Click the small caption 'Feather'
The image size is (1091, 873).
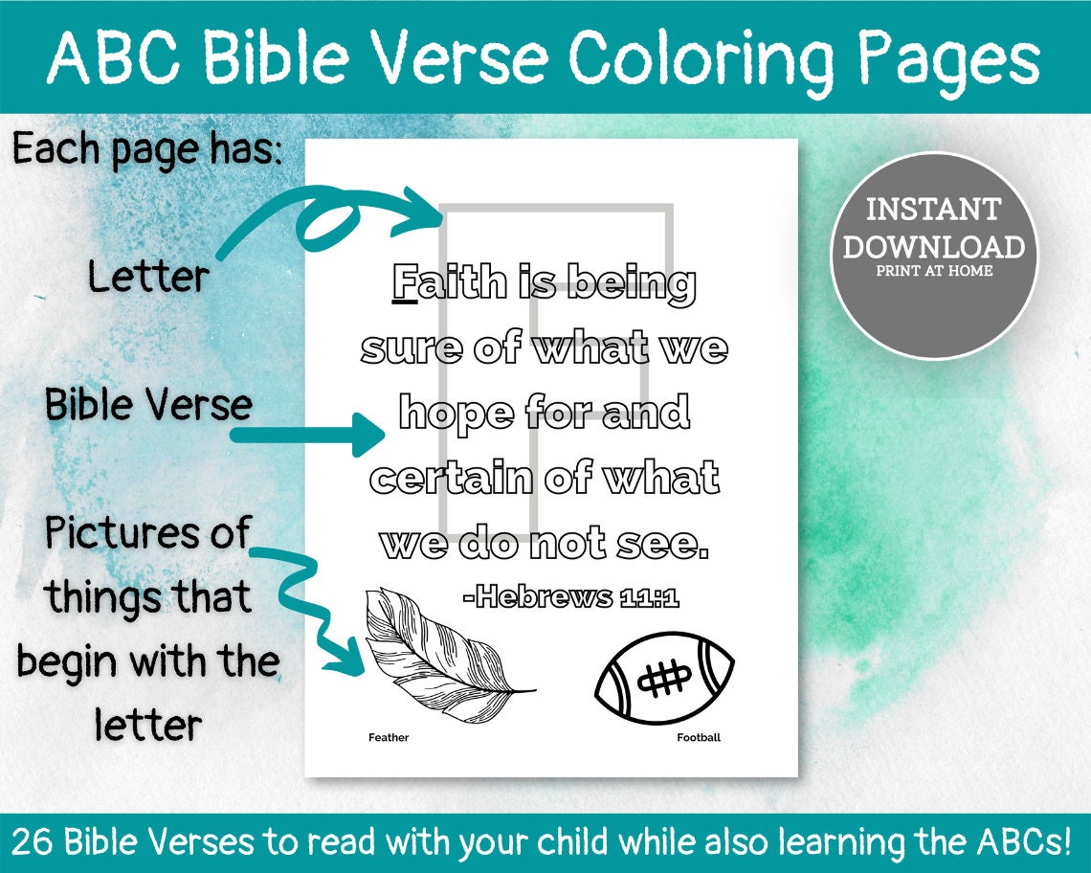[389, 738]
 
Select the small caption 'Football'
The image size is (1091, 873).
[699, 738]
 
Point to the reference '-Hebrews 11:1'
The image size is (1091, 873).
[570, 598]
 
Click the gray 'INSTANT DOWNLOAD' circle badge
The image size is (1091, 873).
[933, 256]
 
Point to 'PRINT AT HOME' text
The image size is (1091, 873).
[933, 271]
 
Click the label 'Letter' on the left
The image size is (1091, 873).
[148, 278]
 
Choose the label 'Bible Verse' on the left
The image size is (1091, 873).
[148, 406]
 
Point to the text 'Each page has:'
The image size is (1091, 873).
[148, 149]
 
